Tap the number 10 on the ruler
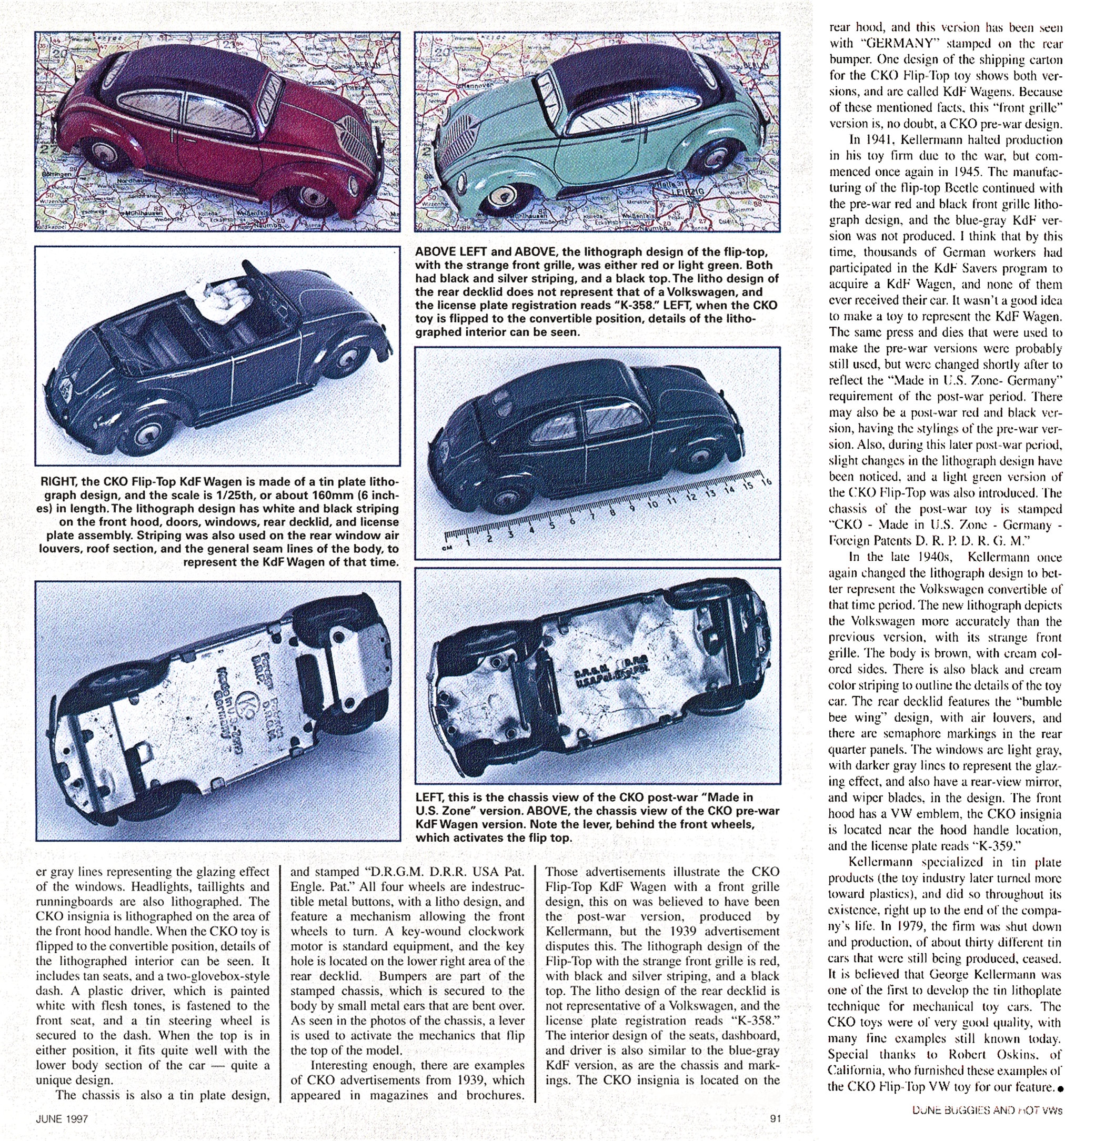[652, 503]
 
